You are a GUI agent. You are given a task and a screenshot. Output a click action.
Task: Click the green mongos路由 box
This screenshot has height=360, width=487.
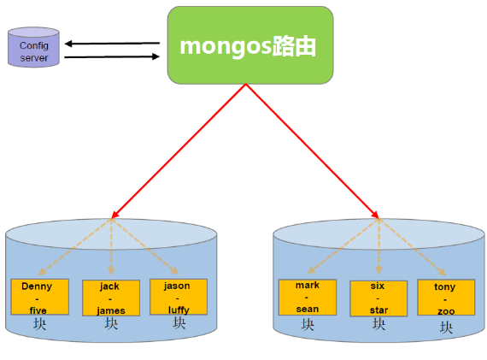tap(250, 45)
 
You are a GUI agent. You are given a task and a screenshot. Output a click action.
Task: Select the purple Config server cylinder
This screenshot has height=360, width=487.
tap(33, 47)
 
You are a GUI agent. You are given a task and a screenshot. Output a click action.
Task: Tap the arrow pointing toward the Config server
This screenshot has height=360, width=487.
tap(112, 44)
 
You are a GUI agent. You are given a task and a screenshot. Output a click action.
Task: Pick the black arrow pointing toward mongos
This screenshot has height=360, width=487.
tap(112, 56)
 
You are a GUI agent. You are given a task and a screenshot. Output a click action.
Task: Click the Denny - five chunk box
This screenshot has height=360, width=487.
tap(40, 297)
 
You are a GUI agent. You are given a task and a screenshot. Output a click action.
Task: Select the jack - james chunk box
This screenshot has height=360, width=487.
tap(111, 298)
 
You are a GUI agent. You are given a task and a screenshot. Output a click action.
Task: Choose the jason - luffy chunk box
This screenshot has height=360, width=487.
tap(179, 297)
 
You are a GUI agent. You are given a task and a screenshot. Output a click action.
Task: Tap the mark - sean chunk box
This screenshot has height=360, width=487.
tap(308, 298)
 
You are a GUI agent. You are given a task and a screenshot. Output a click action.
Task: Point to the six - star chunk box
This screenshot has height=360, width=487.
tap(378, 298)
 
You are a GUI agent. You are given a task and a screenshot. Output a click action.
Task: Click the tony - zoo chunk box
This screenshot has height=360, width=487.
tap(446, 298)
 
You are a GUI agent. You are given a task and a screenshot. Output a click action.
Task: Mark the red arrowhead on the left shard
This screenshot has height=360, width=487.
tap(114, 215)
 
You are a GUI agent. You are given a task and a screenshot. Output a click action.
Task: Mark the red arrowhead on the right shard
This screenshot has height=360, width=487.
tap(375, 214)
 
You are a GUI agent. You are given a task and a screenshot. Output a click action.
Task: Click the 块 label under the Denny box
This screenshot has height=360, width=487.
tap(40, 323)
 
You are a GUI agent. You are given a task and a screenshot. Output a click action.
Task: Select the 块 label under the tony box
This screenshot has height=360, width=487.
tap(446, 328)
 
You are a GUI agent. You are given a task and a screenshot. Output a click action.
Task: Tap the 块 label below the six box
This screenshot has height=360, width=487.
tap(378, 324)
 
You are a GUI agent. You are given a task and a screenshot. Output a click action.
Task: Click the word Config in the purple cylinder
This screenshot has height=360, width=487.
tap(34, 46)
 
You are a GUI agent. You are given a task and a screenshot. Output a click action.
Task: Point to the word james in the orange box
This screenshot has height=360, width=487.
tap(111, 310)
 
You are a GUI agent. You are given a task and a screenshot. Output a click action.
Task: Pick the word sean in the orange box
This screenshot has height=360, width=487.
tap(308, 309)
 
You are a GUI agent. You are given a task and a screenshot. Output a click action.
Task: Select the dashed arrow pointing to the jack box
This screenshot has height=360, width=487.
tap(111, 247)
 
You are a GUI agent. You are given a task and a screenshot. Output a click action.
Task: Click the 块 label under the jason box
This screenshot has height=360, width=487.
tap(179, 323)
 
